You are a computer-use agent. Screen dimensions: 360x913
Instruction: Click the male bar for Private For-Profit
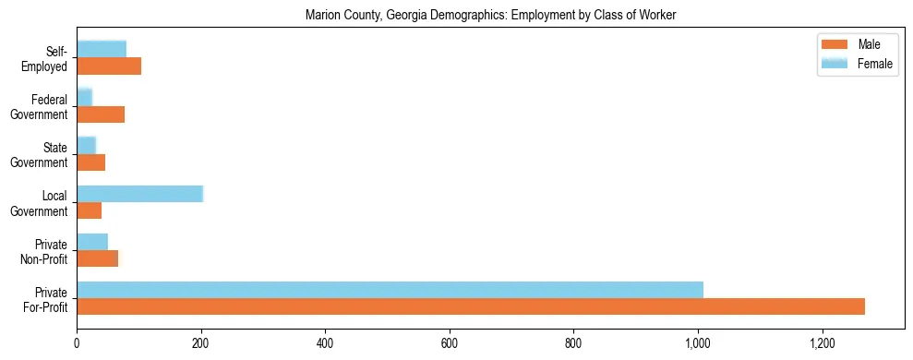471,306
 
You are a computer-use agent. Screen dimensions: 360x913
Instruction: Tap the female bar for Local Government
139,193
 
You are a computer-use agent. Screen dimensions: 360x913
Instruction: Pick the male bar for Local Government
90,210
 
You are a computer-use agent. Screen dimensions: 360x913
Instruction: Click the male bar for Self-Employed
109,66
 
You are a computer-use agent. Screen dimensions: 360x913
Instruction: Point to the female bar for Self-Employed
102,49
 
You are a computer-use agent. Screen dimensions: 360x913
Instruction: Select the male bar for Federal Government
101,114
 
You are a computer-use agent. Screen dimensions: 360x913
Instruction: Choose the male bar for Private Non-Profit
97,258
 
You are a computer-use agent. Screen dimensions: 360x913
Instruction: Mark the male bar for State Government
90,162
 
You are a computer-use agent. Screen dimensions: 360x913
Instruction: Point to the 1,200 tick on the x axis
822,343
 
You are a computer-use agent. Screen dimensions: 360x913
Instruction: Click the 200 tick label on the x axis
200,343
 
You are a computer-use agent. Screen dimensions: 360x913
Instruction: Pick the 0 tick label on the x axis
77,343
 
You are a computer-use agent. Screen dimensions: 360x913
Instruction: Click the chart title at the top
491,15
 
